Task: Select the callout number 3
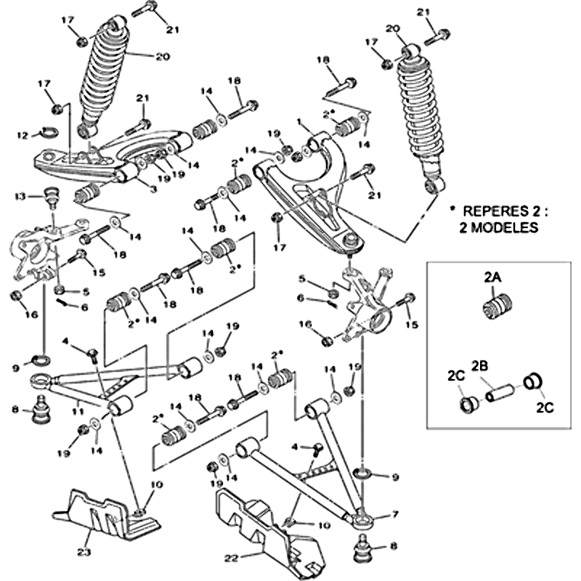click(153, 190)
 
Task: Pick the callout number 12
click(23, 134)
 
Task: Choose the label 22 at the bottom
click(232, 558)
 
